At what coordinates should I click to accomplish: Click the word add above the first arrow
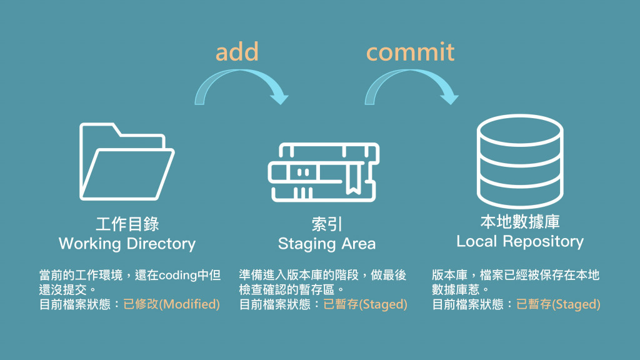237,52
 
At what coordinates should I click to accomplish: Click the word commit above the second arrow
410,52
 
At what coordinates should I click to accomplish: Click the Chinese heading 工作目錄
127,224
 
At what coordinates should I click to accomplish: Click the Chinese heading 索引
326,224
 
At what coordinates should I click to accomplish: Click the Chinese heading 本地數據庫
520,222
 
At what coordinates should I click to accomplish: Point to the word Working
89,244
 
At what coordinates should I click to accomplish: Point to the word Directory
161,244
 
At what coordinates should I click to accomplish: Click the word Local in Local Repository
477,241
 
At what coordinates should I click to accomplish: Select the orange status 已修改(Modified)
172,305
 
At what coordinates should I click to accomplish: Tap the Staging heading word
302,244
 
